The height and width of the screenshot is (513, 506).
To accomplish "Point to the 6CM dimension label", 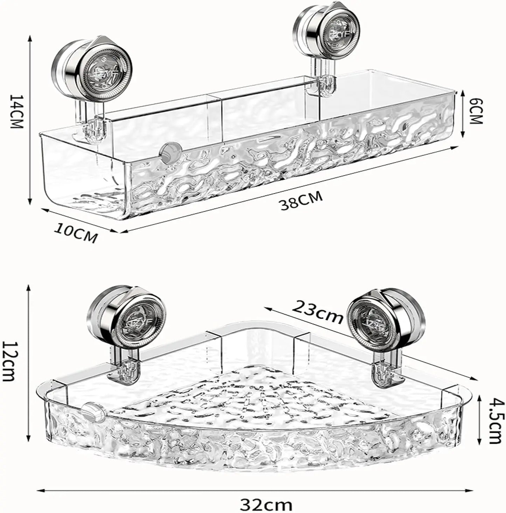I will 476,111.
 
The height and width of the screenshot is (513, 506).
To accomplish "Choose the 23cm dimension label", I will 317,312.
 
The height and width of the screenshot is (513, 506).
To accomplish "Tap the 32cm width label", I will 266,505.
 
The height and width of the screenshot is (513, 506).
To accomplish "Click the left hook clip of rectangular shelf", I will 93,129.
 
